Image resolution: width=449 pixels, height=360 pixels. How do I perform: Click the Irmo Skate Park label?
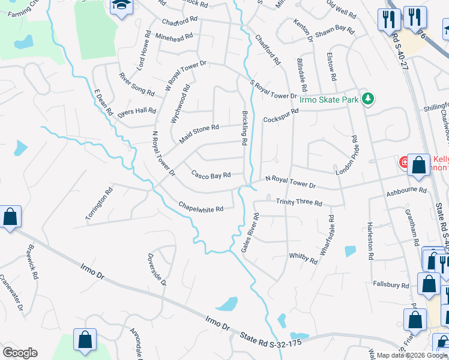tap(329, 100)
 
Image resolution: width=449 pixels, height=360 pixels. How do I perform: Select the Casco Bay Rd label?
tap(211, 175)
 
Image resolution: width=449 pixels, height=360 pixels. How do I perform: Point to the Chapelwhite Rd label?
tap(200, 208)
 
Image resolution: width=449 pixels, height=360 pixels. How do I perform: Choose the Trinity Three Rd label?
tap(299, 202)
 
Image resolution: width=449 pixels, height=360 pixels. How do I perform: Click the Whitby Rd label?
tap(303, 258)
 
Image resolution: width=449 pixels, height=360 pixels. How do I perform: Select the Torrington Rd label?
tap(100, 205)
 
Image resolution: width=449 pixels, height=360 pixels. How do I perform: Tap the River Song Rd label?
tap(136, 84)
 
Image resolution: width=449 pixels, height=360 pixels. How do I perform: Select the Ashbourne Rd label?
tap(406, 190)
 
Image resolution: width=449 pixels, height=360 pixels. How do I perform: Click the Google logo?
tap(20, 353)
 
